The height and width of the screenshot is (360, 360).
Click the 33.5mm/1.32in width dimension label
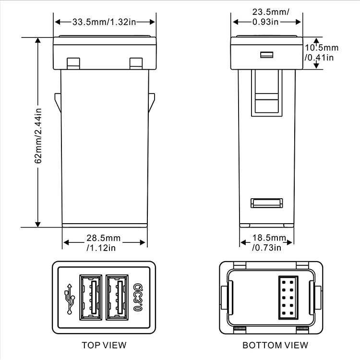coord(104,22)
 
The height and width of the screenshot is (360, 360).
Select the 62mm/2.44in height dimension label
coord(38,136)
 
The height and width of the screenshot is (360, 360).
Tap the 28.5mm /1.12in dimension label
coord(103,243)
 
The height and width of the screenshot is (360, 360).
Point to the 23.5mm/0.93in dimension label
coord(270,17)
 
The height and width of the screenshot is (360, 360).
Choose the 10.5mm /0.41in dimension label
coord(322,53)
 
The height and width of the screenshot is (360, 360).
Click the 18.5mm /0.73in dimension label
coord(269,243)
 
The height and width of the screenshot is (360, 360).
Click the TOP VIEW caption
coord(104,345)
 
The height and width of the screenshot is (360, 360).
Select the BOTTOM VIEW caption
coord(276,345)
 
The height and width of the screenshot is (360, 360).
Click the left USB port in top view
coord(91,297)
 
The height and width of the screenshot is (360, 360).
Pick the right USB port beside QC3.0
coord(117,297)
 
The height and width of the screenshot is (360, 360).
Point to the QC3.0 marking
coord(138,297)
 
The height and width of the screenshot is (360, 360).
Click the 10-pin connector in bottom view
coord(288,298)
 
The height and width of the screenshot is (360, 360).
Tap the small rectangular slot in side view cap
coord(267,55)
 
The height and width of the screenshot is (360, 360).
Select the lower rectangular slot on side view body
coord(266,203)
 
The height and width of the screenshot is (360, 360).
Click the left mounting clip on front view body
coord(58,102)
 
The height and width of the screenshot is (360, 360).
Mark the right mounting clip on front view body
coord(152,102)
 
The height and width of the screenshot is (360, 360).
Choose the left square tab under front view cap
coord(73,63)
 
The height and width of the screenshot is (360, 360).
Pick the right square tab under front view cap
coord(136,63)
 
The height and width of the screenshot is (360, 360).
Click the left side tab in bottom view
coord(224,298)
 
